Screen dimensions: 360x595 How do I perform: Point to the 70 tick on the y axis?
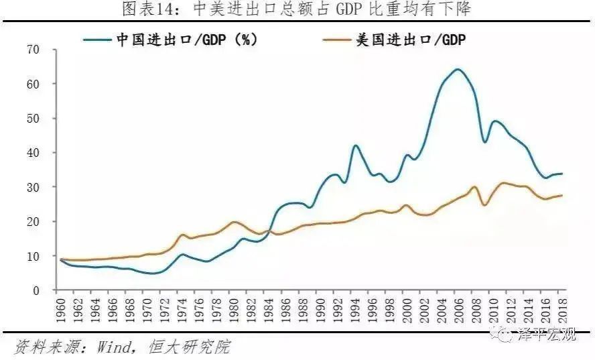tap(33, 50)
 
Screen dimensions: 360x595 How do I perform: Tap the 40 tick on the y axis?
tap(33, 153)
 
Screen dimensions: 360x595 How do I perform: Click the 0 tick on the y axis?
tap(36, 290)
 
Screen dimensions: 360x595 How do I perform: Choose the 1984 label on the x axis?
tap(268, 310)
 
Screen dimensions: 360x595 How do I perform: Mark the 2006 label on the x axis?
tap(458, 310)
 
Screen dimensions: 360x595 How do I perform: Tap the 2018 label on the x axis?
tap(561, 310)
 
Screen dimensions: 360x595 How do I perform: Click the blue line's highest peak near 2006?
tap(458, 69)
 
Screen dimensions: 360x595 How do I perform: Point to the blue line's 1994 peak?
tap(355, 145)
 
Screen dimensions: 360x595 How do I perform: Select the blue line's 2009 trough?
tap(484, 142)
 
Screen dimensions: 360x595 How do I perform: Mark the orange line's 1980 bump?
tap(235, 222)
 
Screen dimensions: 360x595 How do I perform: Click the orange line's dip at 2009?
tap(484, 204)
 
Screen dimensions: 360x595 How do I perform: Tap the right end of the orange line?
tap(561, 195)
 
